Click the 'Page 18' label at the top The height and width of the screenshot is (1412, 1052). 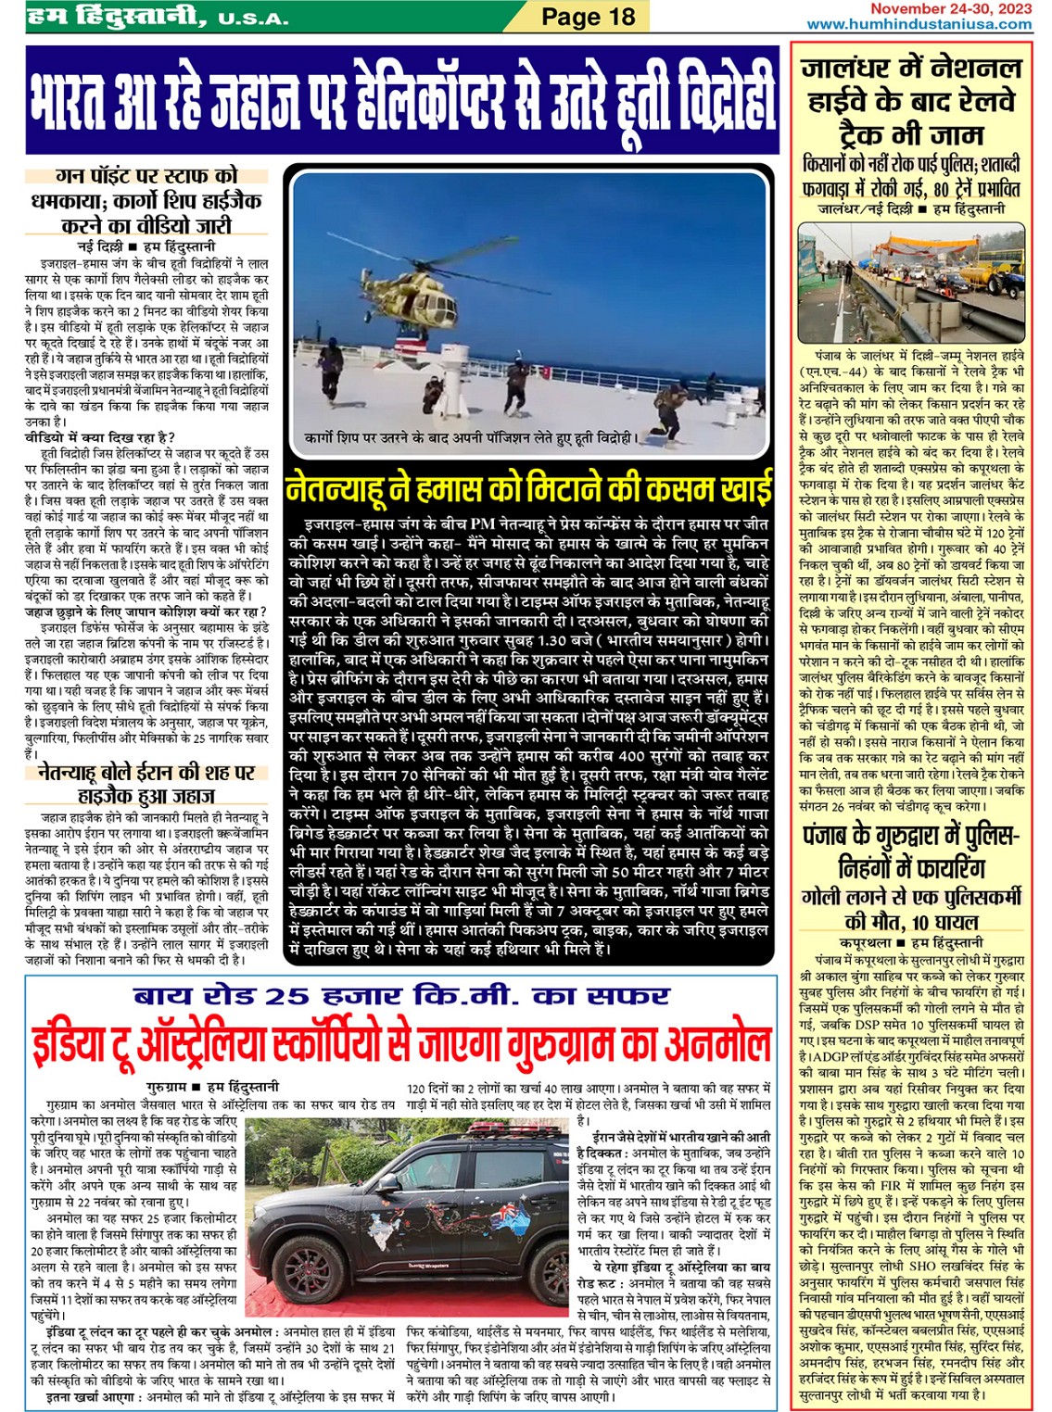[x=588, y=16]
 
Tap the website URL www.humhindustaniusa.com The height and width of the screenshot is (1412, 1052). [x=919, y=24]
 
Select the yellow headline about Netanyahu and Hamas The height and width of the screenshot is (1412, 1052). [x=529, y=487]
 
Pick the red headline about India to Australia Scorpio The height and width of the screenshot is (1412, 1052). [x=400, y=1044]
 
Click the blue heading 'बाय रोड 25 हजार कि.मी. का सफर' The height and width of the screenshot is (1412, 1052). [x=400, y=996]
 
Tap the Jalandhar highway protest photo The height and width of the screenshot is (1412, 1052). [x=911, y=283]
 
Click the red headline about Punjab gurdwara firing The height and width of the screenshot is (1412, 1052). [x=910, y=852]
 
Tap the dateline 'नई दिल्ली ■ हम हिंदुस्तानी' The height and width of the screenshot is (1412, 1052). [x=146, y=246]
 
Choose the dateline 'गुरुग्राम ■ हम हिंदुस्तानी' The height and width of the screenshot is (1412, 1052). [x=212, y=1086]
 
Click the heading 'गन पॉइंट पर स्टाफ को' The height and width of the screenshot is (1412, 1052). [x=146, y=175]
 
